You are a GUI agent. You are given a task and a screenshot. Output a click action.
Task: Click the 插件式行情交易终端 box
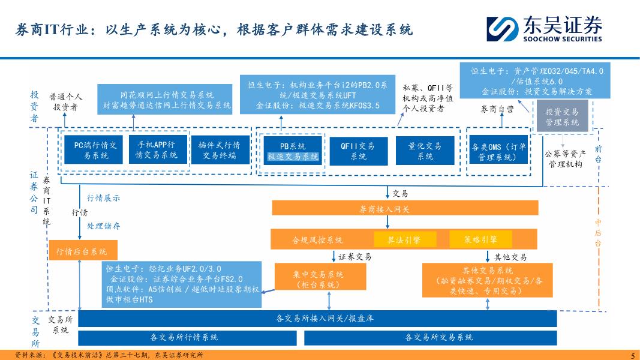click(x=220, y=150)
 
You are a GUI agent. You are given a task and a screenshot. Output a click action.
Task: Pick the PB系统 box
click(x=293, y=151)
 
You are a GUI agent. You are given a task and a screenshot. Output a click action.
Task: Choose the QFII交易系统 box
click(x=357, y=151)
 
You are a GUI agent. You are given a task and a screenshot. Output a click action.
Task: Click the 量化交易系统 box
click(x=425, y=151)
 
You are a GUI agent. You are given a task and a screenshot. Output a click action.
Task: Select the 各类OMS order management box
click(x=498, y=152)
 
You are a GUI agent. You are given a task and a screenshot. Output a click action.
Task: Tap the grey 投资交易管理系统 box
click(x=561, y=117)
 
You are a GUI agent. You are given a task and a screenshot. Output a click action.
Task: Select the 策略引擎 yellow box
click(x=480, y=239)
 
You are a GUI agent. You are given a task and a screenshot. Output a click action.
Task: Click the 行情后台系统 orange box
click(x=82, y=251)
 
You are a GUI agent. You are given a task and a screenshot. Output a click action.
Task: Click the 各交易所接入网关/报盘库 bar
click(x=317, y=318)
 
